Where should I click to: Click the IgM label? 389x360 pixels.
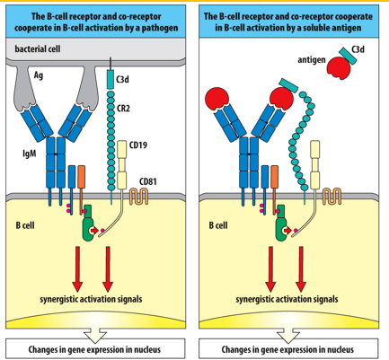tap(29, 154)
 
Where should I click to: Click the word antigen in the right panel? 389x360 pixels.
tap(310, 59)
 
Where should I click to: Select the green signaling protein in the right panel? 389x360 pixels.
tap(286, 224)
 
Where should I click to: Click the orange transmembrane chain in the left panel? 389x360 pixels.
tap(81, 180)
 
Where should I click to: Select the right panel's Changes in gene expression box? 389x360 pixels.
tap(292, 348)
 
